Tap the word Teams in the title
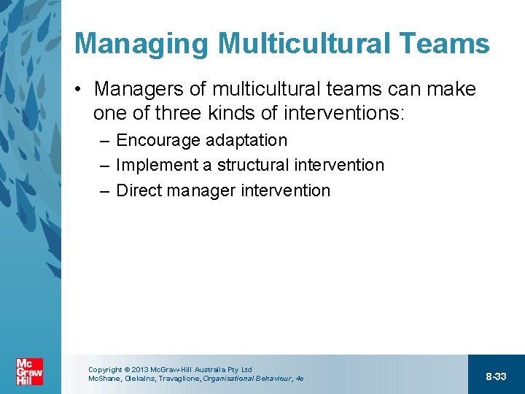point(448,44)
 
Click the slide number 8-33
point(496,376)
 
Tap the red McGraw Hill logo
point(29,373)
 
